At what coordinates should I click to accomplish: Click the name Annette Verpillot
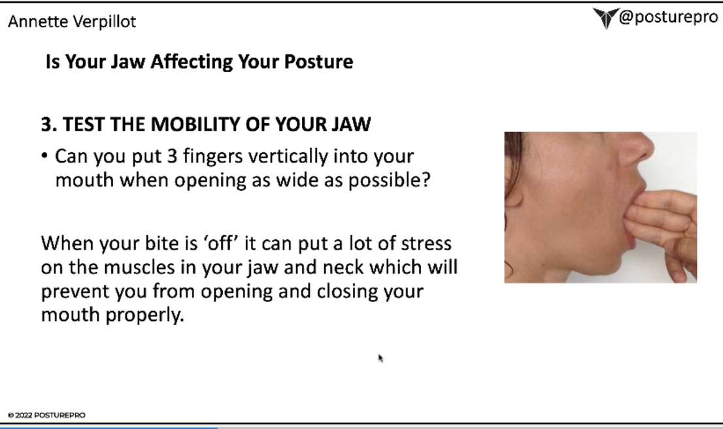[72, 22]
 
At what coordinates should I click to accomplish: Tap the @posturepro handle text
[668, 17]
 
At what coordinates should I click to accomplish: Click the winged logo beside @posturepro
[605, 18]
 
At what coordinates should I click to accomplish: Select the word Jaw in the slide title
[127, 61]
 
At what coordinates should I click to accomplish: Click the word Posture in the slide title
[318, 61]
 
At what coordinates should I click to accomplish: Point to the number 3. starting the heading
[49, 124]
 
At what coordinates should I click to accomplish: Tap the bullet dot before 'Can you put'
[44, 156]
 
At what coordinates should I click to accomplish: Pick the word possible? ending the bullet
[389, 181]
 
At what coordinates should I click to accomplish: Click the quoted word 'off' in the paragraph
[221, 243]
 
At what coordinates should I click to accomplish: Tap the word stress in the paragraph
[426, 243]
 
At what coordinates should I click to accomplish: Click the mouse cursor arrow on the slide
[380, 358]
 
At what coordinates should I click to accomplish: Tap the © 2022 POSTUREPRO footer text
[46, 415]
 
